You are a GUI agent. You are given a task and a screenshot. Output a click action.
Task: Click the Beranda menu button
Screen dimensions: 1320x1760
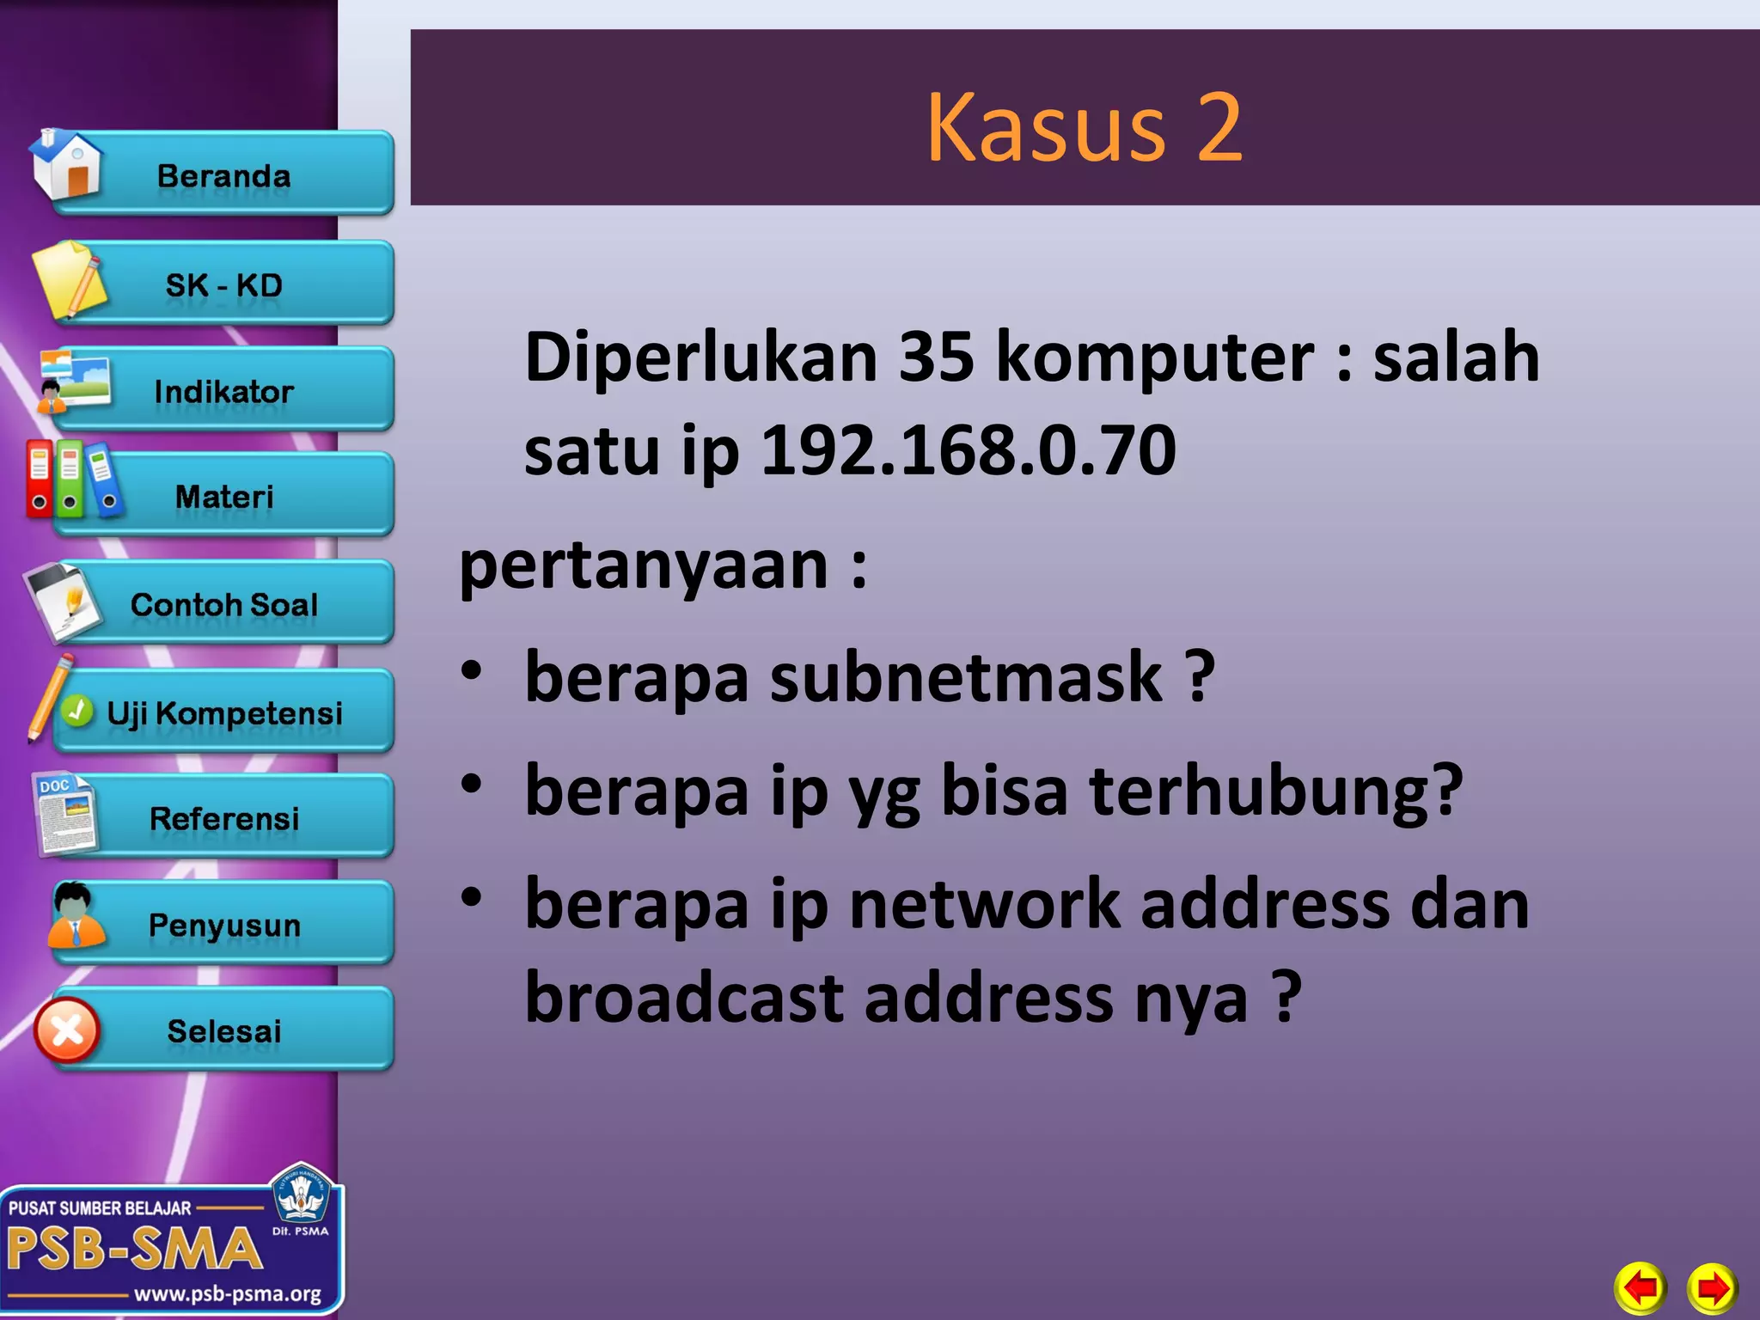tap(223, 176)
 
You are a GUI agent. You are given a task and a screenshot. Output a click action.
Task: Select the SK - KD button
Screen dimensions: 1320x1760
tap(223, 285)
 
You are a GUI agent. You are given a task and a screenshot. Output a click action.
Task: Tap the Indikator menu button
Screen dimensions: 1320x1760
tap(223, 392)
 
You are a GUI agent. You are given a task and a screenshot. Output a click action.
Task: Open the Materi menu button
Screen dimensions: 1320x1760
tap(223, 497)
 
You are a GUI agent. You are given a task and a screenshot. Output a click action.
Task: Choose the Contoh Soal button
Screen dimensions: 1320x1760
tap(223, 604)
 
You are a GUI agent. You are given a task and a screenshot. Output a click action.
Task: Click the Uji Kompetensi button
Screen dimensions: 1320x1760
tap(223, 712)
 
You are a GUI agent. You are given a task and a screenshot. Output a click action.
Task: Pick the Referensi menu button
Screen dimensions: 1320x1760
tap(223, 818)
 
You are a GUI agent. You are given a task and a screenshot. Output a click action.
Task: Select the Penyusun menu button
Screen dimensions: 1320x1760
tap(223, 925)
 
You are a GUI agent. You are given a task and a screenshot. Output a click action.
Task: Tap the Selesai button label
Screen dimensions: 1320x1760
tap(223, 1030)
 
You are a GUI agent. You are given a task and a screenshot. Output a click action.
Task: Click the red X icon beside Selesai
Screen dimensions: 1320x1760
tap(67, 1030)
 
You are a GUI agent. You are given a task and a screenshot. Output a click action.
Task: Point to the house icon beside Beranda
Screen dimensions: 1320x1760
tap(66, 163)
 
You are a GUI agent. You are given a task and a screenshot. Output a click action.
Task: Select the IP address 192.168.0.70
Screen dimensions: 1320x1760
tap(968, 449)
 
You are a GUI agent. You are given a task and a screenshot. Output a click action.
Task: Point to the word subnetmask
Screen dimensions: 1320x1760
tap(966, 677)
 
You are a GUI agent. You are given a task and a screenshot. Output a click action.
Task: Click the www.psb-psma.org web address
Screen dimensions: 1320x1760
tap(228, 1293)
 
